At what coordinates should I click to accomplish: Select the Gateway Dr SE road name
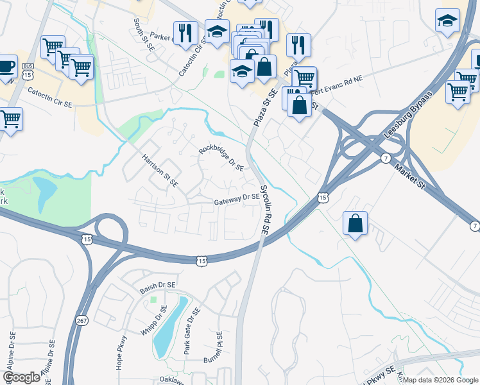(237, 200)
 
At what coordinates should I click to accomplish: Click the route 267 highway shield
(81, 321)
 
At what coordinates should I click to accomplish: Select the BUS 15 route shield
(28, 71)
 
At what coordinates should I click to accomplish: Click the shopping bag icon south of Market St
(355, 224)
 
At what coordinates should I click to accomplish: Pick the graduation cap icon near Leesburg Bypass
(447, 21)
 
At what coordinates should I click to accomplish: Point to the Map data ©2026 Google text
(440, 380)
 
